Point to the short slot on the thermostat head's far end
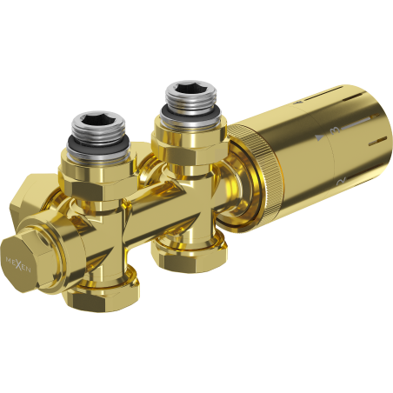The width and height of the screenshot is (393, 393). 376,140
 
